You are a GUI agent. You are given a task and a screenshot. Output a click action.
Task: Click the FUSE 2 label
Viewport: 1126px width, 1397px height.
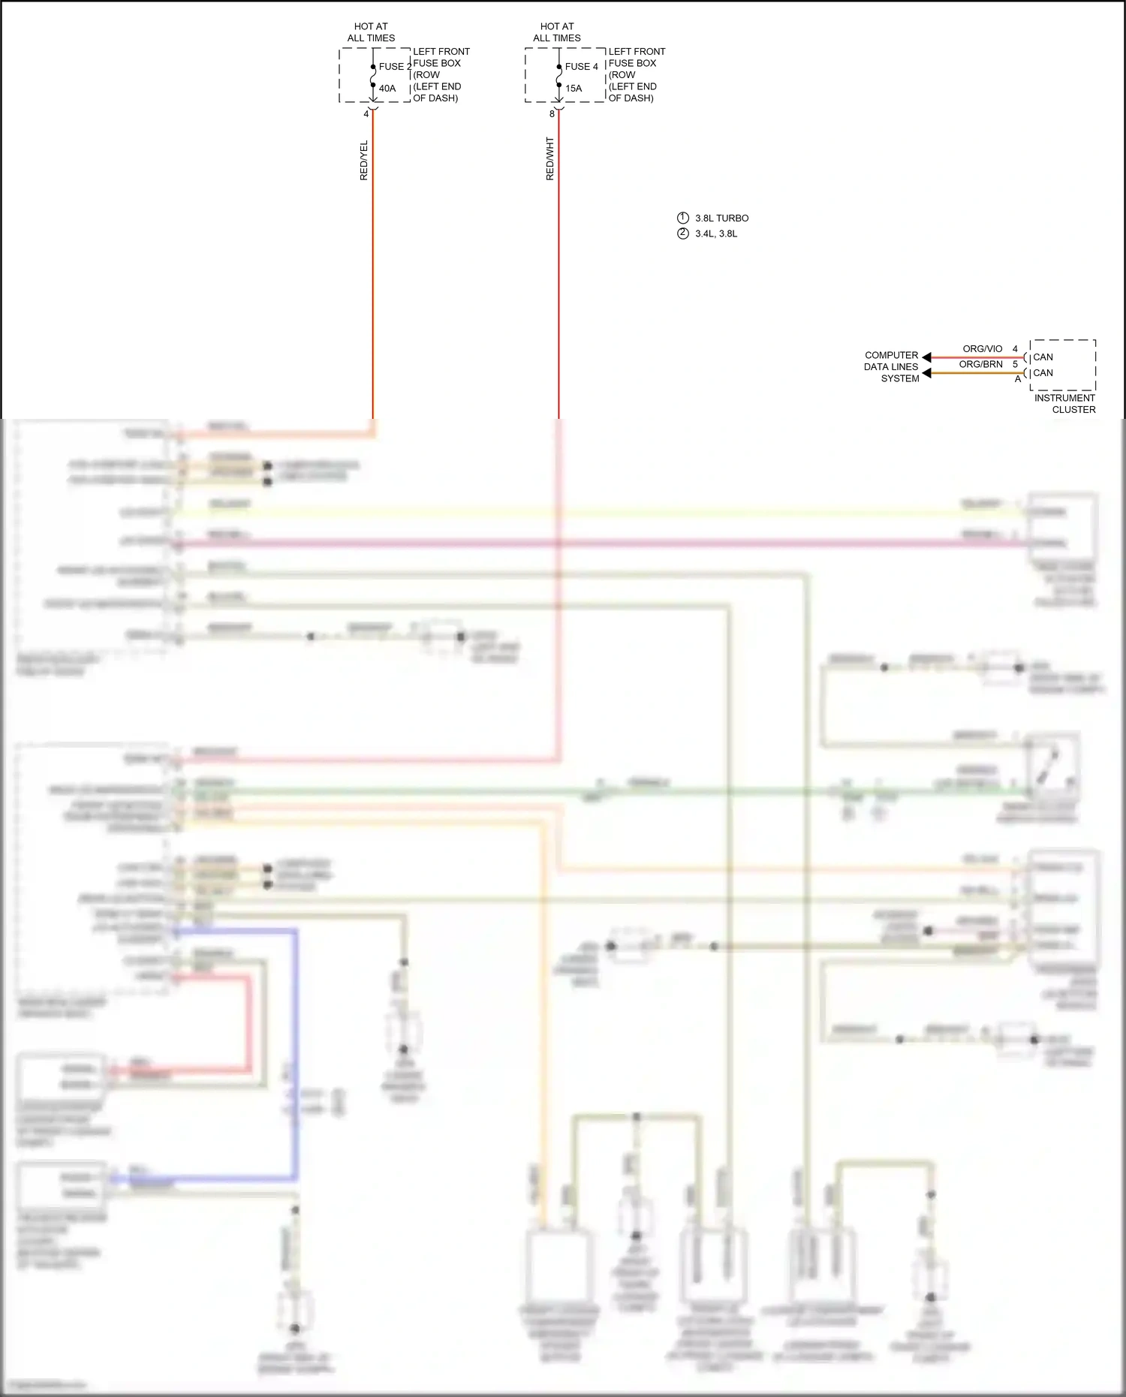395,67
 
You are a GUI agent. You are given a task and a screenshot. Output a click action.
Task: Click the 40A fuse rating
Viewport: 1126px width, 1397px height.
387,89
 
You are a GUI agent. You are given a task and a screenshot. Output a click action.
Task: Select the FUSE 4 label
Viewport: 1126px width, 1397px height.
581,67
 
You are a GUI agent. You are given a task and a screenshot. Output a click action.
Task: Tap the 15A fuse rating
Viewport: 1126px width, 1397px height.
574,89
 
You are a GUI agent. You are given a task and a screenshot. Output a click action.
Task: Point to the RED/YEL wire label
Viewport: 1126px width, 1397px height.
364,160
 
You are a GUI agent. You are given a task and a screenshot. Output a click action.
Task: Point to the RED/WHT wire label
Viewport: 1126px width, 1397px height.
549,158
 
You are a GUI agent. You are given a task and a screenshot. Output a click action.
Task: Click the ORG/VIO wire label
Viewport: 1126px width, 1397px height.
982,349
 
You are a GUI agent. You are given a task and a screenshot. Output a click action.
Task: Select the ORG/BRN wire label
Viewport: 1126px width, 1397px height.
980,364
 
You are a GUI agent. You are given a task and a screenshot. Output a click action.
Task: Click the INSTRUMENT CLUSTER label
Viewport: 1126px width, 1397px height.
1064,404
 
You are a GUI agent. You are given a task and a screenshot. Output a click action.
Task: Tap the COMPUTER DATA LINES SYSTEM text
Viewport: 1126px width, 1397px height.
891,367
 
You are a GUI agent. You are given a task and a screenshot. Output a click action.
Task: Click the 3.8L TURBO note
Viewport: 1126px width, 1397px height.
721,218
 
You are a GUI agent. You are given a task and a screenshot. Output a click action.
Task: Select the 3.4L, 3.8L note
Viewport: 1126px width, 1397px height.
716,233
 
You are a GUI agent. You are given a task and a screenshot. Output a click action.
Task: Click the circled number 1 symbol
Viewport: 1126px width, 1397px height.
682,218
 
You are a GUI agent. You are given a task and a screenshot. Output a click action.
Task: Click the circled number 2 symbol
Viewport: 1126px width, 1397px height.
682,233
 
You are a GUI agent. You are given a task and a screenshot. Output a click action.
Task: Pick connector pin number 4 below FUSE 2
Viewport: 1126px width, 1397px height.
366,114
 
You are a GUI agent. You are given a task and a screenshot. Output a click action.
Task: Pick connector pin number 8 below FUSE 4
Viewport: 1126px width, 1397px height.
552,114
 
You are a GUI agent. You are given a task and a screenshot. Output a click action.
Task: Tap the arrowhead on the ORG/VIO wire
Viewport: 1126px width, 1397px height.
926,357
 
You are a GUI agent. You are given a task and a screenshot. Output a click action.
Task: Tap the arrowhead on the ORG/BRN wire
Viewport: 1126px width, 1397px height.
926,373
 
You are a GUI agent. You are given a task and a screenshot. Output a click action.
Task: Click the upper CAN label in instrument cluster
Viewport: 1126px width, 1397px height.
1043,357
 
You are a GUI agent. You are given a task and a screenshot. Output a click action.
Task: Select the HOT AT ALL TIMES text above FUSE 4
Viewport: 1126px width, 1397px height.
557,32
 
